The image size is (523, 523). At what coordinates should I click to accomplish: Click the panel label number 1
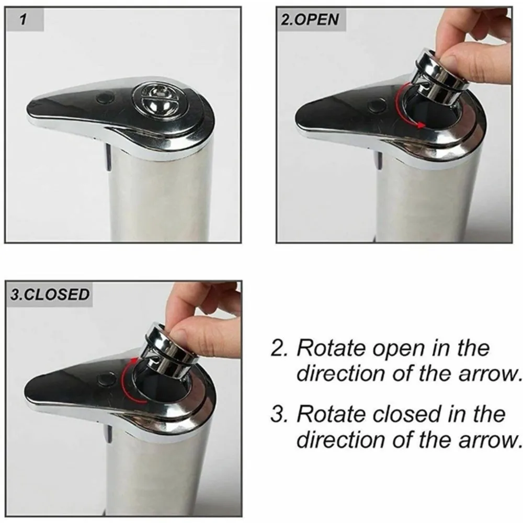(22, 20)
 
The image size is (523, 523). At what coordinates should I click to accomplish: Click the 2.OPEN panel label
(310, 20)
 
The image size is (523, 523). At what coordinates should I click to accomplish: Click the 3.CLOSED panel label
(50, 294)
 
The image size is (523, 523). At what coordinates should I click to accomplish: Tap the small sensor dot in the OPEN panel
(374, 106)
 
